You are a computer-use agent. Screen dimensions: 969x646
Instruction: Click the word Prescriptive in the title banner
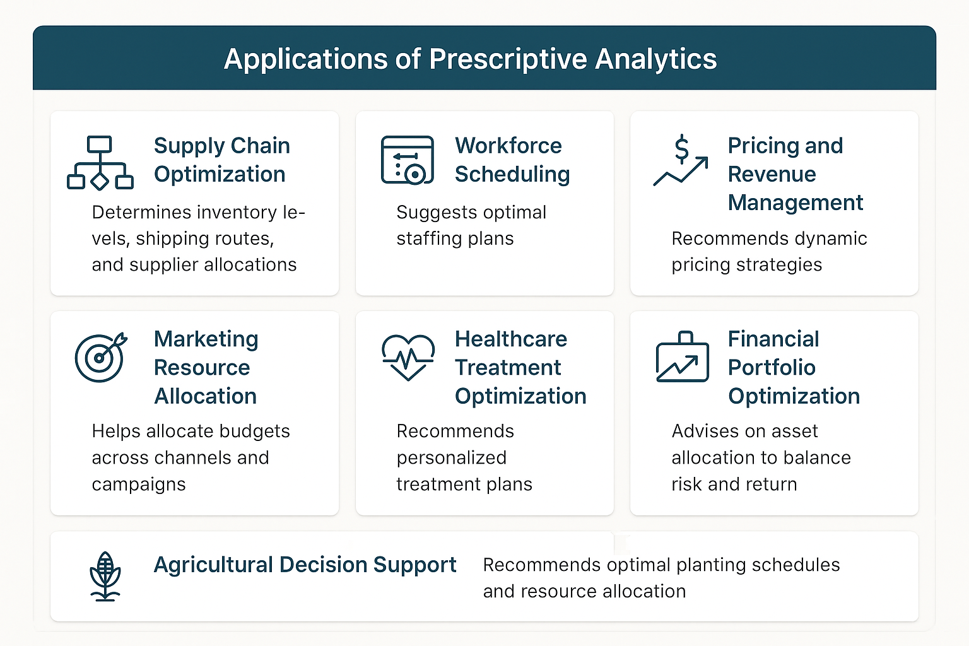click(508, 60)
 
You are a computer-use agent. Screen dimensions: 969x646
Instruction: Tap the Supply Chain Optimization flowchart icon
click(100, 163)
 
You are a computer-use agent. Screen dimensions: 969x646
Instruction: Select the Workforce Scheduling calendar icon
click(407, 160)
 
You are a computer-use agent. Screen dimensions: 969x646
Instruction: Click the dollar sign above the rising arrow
click(681, 148)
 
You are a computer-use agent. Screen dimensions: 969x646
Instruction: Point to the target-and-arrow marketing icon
click(101, 358)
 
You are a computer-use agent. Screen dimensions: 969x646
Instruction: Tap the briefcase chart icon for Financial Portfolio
click(682, 356)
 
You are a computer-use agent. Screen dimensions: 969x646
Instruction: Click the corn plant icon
click(105, 577)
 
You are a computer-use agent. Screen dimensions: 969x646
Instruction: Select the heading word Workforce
click(508, 145)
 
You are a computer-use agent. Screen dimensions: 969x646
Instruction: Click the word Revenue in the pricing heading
click(772, 174)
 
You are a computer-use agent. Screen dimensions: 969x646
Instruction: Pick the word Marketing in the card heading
click(206, 339)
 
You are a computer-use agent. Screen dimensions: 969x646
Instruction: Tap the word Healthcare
click(511, 339)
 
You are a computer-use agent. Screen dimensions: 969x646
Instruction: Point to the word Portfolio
click(772, 367)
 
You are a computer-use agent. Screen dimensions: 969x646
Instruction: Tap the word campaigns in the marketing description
click(139, 484)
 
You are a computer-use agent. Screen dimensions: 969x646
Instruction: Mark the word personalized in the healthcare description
click(451, 458)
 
